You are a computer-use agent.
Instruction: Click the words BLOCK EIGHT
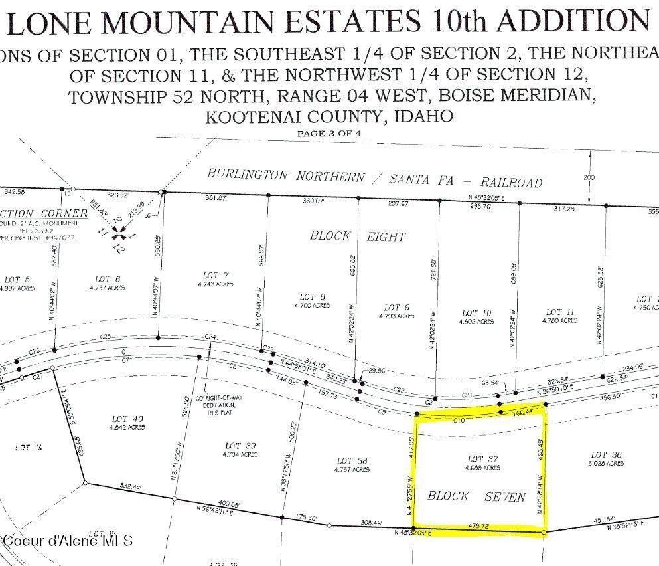358,236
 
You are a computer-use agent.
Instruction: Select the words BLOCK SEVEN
476,496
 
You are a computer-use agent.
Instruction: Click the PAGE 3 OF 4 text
329,133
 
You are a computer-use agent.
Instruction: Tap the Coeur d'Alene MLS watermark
68,540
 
